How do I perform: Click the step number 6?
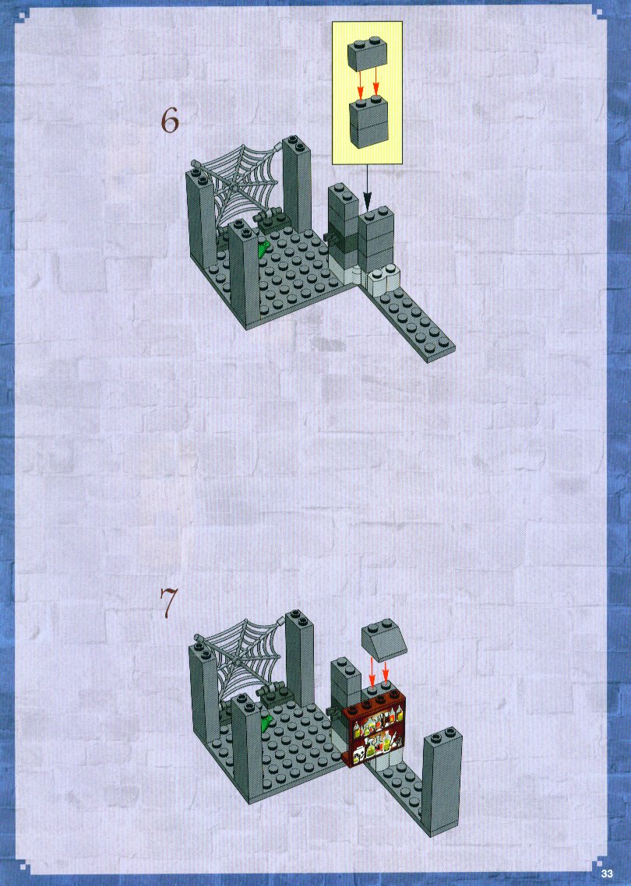[x=170, y=121]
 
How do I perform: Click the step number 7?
[x=168, y=603]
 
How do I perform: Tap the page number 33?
[x=607, y=873]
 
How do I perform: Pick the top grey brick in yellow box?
[x=366, y=54]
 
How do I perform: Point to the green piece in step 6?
[x=263, y=248]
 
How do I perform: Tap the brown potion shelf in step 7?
[x=374, y=730]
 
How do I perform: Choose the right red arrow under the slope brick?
[x=386, y=670]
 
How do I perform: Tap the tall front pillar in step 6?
[x=244, y=274]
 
